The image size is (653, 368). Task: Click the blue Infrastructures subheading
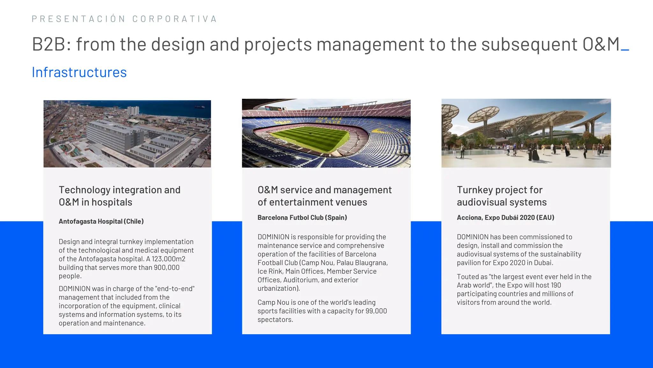tap(79, 73)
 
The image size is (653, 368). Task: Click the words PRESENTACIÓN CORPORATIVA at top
tap(124, 19)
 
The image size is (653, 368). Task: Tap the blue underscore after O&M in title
tap(625, 50)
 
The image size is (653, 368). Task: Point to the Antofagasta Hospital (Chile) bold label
tap(101, 221)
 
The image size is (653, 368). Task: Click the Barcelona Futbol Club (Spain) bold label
tap(302, 218)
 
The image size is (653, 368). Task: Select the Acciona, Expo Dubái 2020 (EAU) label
tap(505, 218)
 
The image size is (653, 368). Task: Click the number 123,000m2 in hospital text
tap(168, 259)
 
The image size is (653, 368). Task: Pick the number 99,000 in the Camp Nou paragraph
tap(376, 311)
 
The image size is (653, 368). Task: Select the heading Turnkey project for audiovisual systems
tap(502, 196)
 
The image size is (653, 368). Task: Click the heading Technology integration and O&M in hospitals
tap(119, 196)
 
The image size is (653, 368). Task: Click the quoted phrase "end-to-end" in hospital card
tap(174, 289)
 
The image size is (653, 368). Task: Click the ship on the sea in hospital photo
tap(199, 107)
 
